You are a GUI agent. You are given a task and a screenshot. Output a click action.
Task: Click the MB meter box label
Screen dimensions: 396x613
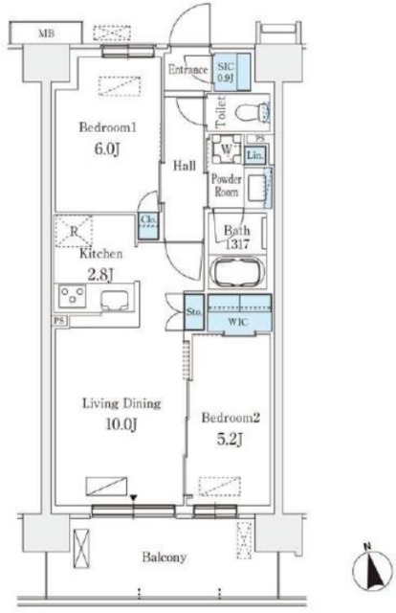point(46,34)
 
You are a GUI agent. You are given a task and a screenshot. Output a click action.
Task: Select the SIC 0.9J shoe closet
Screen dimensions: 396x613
point(231,72)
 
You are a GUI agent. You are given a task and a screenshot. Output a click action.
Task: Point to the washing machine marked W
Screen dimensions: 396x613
point(227,149)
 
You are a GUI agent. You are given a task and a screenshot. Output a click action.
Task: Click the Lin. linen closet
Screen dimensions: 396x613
point(255,155)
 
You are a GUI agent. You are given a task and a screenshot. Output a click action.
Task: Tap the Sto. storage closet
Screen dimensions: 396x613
point(194,311)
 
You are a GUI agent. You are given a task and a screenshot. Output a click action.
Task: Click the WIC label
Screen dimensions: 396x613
point(238,322)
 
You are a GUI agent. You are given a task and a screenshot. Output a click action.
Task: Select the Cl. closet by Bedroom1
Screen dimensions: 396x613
point(148,226)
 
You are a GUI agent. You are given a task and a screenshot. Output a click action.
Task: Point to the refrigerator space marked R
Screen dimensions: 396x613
point(74,231)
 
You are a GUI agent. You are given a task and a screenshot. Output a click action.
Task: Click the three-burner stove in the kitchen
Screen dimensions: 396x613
point(73,295)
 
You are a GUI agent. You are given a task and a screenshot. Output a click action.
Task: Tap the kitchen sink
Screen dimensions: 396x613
point(117,300)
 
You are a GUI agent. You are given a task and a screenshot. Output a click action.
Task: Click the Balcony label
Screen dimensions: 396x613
point(165,556)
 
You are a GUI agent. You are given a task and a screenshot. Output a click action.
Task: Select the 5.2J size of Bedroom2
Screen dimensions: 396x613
point(230,440)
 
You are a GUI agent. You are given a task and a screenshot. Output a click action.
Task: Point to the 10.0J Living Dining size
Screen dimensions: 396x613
point(121,423)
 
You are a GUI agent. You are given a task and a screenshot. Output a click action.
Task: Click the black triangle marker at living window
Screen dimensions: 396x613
point(134,498)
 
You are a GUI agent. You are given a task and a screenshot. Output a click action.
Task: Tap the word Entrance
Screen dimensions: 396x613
point(187,70)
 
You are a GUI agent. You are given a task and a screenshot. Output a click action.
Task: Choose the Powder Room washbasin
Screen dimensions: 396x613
point(258,188)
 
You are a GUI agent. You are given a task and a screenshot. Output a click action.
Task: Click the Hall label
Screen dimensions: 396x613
point(185,166)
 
